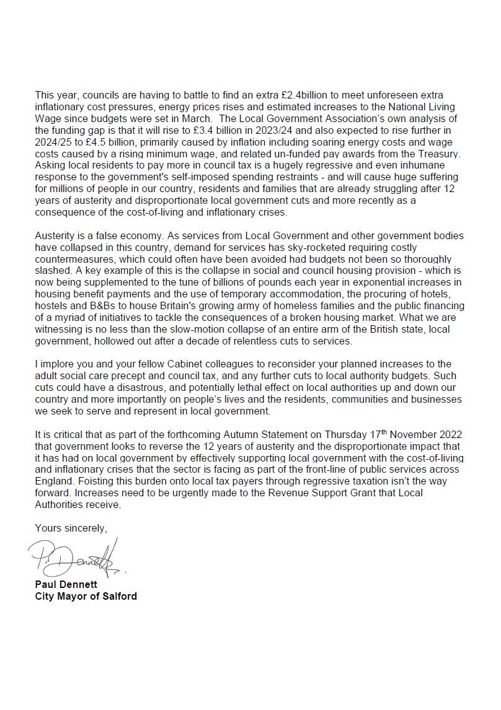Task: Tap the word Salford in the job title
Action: tap(118, 597)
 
